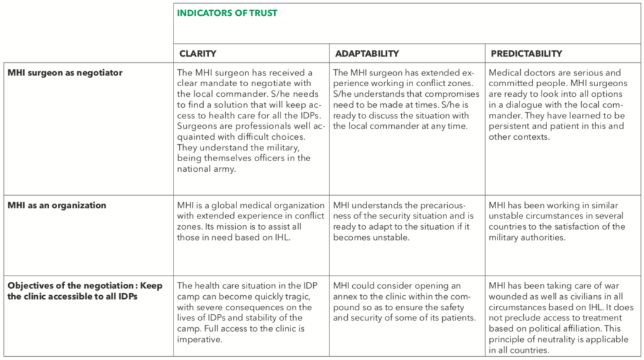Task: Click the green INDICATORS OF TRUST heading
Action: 227,13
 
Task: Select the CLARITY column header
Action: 198,53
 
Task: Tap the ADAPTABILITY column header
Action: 367,53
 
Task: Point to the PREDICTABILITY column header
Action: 526,53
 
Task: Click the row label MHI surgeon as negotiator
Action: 65,73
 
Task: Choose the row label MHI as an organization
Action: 57,205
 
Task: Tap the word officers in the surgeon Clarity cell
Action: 259,158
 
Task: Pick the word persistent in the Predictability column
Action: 510,127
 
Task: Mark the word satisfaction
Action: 569,227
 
